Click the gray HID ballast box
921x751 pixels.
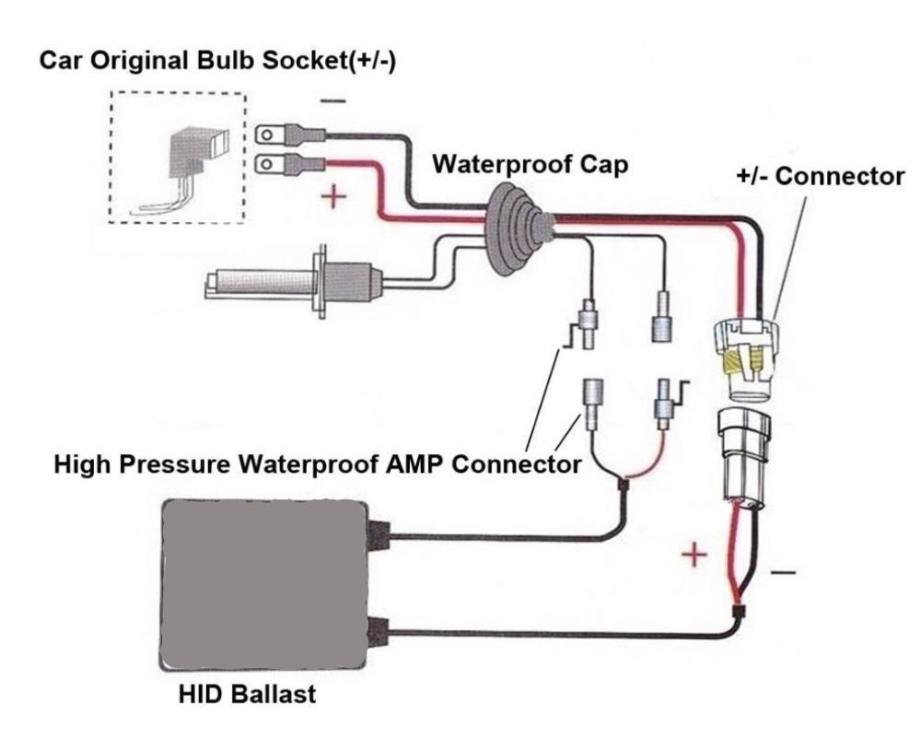point(263,584)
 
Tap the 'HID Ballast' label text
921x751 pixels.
point(247,694)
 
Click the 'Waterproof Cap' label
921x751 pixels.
point(530,165)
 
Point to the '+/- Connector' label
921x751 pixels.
point(821,176)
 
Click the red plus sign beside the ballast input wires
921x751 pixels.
point(695,557)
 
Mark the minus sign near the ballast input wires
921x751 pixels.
point(783,571)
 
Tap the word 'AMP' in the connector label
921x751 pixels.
point(406,464)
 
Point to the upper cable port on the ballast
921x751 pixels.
point(377,532)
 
